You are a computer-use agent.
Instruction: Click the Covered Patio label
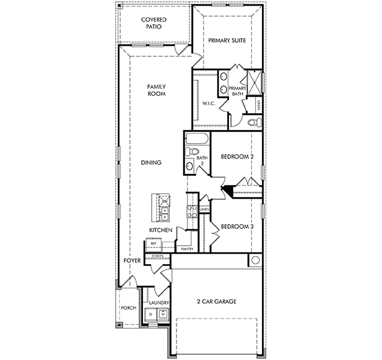(x=154, y=23)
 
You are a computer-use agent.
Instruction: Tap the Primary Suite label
(x=227, y=40)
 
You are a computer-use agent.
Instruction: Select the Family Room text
(x=157, y=90)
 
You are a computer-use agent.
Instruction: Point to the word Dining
(x=151, y=162)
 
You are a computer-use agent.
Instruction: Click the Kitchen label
(x=160, y=230)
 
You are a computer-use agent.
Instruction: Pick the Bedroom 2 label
(x=237, y=156)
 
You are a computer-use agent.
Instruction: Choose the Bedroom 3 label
(x=237, y=226)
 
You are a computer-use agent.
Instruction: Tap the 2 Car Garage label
(x=217, y=302)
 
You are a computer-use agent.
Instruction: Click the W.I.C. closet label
(x=209, y=103)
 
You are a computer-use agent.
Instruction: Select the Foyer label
(x=132, y=260)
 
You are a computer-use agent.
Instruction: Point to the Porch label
(x=129, y=308)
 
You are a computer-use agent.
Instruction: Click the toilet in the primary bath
(x=254, y=122)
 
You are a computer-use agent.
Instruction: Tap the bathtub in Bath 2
(x=197, y=139)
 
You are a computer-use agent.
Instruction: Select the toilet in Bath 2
(x=192, y=152)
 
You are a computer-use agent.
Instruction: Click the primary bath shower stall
(x=254, y=83)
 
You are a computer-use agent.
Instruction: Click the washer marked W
(x=163, y=314)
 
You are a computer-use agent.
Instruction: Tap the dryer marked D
(x=151, y=314)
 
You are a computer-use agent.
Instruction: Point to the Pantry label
(x=187, y=249)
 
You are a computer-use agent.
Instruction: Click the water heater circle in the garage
(x=255, y=260)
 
